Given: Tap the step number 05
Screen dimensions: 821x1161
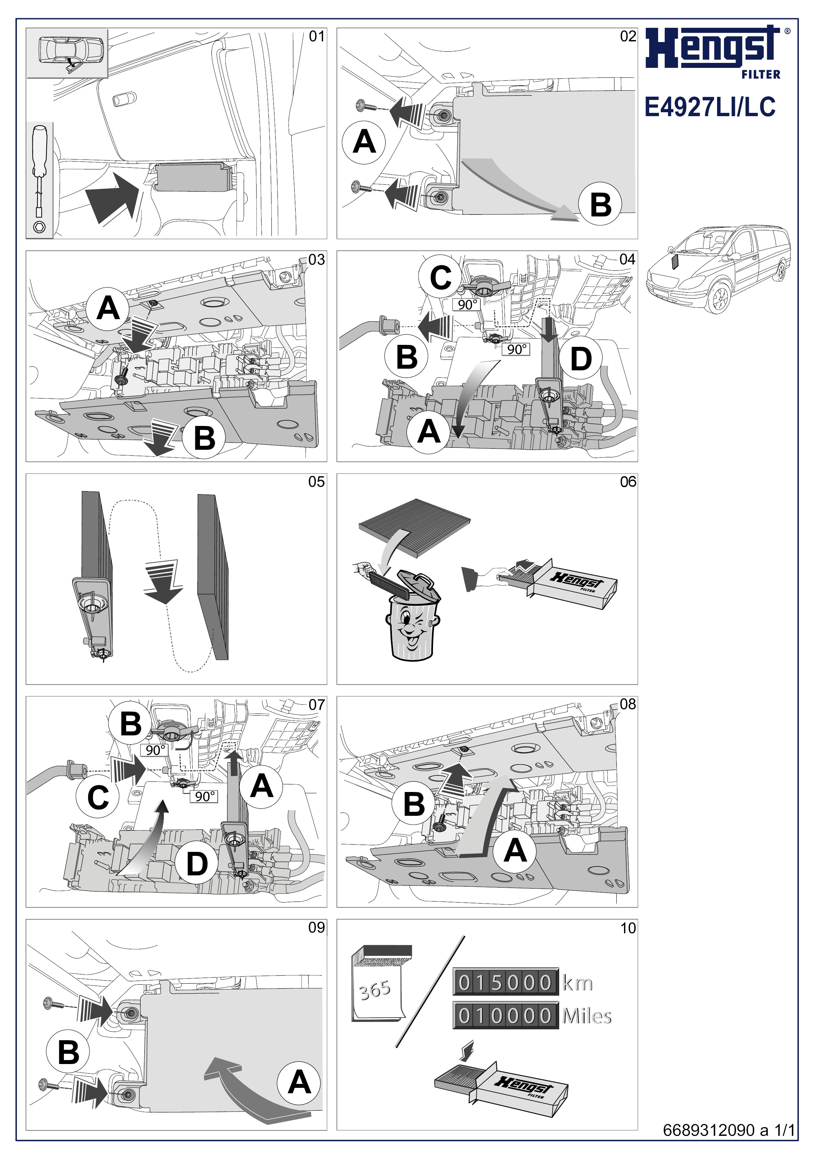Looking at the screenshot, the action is (316, 482).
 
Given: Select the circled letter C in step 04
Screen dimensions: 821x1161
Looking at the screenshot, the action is (440, 277).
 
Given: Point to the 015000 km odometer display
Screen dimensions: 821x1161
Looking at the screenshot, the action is (506, 983).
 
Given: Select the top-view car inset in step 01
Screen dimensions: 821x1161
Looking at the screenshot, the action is (67, 53).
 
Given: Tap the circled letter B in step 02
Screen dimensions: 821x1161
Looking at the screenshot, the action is (601, 205).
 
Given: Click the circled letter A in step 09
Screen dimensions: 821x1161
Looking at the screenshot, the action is (299, 1083).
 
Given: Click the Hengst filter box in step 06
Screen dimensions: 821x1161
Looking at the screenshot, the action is (577, 584).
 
